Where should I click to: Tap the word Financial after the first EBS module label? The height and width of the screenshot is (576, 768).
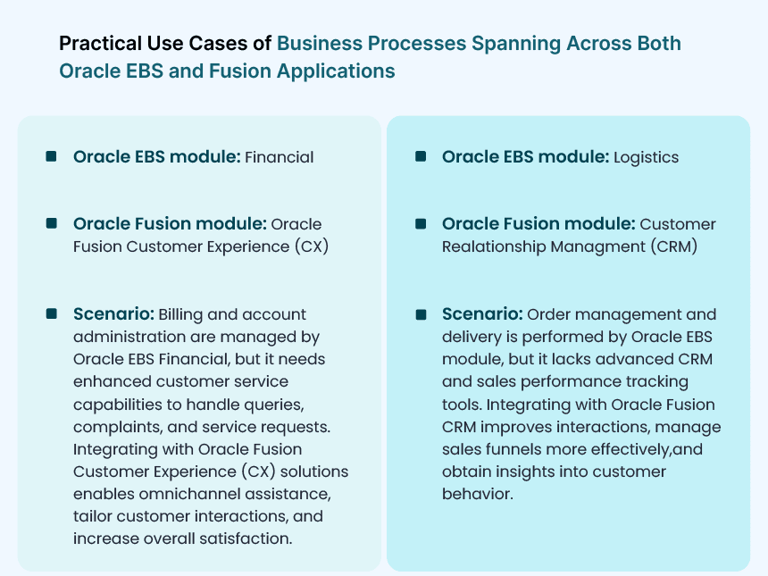[x=280, y=157]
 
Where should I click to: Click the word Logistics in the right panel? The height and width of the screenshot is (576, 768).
[x=647, y=157]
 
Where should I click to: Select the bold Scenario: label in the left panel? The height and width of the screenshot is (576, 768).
[x=114, y=314]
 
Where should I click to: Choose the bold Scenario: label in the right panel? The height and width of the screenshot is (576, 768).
[x=482, y=314]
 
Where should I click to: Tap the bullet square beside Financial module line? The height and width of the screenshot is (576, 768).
[x=51, y=156]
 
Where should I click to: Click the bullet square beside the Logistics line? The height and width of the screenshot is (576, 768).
[x=421, y=156]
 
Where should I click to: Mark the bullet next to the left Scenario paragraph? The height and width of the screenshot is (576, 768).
[x=51, y=313]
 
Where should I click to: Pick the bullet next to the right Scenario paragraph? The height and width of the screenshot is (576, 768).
[x=421, y=313]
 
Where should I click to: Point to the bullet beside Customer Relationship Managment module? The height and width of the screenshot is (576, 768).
[x=421, y=223]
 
